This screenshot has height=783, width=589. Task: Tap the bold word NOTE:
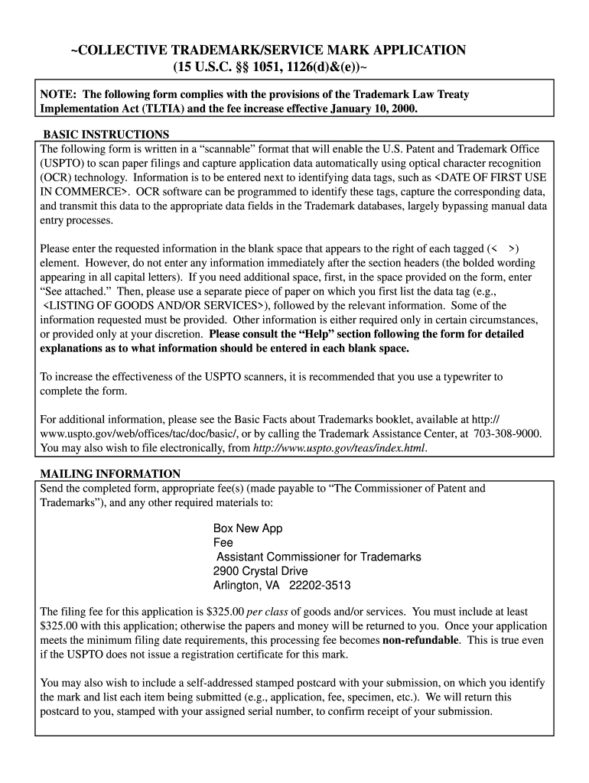click(59, 95)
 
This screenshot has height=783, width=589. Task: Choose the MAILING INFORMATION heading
click(111, 474)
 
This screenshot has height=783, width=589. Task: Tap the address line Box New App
click(248, 529)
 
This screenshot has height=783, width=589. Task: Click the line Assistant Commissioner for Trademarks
click(318, 557)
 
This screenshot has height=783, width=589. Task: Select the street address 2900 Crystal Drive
click(260, 571)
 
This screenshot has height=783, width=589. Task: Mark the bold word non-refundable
click(421, 640)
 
